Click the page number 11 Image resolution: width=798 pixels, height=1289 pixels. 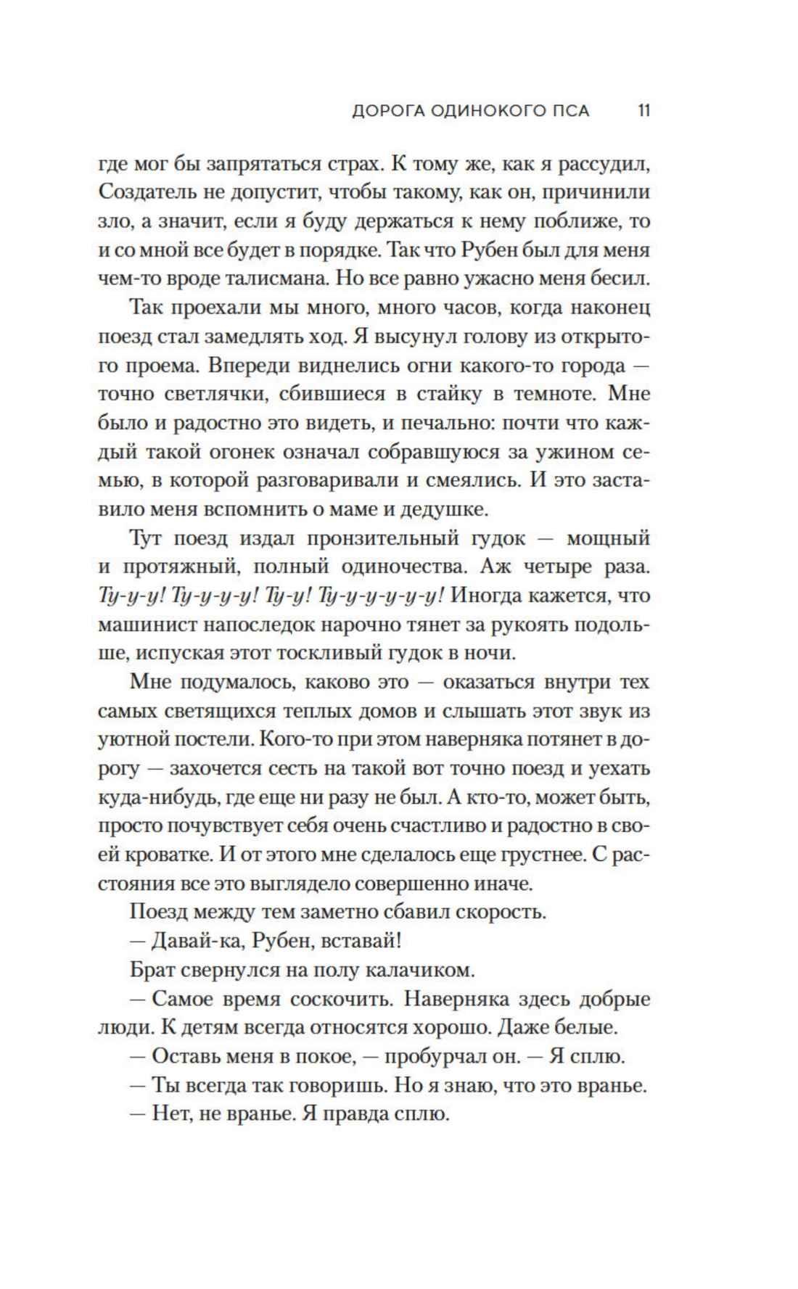[643, 111]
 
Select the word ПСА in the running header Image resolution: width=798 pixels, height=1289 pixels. [572, 111]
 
